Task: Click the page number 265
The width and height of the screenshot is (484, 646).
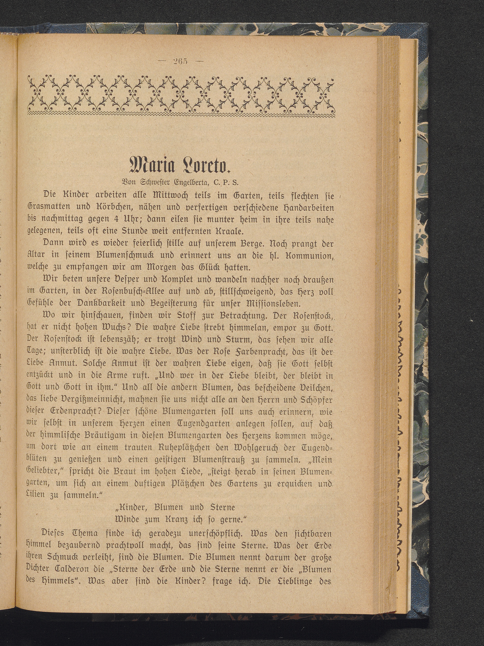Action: click(x=180, y=62)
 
